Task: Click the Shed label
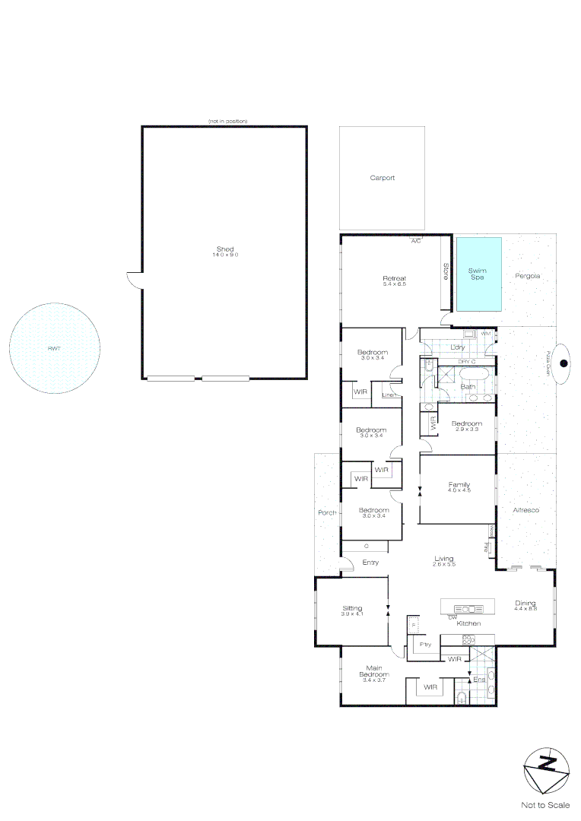(x=225, y=249)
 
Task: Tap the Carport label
(x=383, y=178)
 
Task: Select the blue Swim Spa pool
(x=478, y=274)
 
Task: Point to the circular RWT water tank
(x=55, y=348)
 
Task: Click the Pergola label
(x=527, y=275)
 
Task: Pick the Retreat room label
(x=394, y=279)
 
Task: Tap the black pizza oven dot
(x=564, y=363)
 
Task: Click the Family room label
(x=459, y=485)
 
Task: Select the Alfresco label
(x=525, y=510)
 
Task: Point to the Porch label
(x=327, y=512)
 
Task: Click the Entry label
(x=370, y=563)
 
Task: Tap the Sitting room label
(x=352, y=608)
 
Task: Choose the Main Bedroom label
(x=374, y=671)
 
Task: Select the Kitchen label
(x=468, y=623)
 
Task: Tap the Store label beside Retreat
(x=446, y=272)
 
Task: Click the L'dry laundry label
(x=458, y=347)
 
